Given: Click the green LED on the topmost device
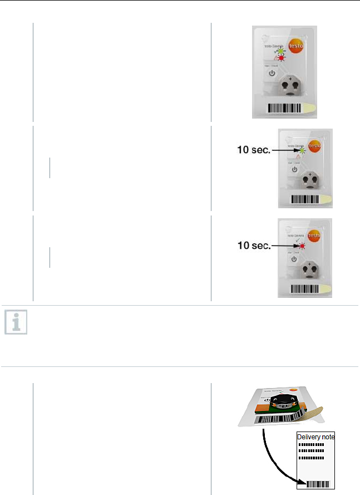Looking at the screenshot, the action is coord(282,51).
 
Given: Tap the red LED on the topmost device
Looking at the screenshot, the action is coord(282,58).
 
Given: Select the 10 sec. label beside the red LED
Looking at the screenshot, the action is coord(253,246).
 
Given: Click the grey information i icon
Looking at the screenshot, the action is coord(16,323).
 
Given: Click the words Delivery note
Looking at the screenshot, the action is coord(315,437).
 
